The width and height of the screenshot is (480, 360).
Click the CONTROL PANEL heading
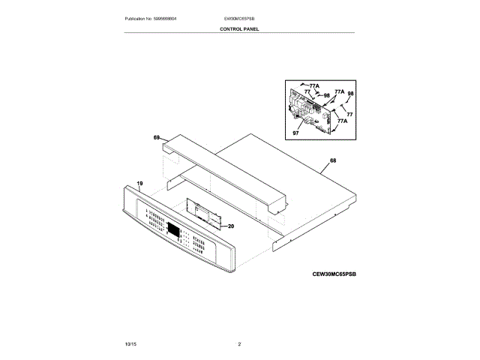click(x=239, y=29)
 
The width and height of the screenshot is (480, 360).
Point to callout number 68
click(x=332, y=160)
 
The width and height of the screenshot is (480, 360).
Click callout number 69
click(x=157, y=138)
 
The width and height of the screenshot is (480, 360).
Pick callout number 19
click(x=139, y=183)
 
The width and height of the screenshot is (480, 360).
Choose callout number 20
click(x=230, y=226)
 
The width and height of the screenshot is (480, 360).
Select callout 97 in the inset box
click(x=295, y=133)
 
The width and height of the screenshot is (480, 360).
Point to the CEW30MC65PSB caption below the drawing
click(x=334, y=274)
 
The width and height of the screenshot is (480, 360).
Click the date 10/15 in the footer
click(x=130, y=343)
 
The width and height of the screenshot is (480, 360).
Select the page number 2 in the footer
click(x=239, y=343)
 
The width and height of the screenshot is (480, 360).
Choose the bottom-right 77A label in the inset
click(x=342, y=121)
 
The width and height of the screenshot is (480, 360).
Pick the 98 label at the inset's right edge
click(x=350, y=94)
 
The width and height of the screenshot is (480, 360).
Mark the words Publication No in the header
click(x=141, y=18)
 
